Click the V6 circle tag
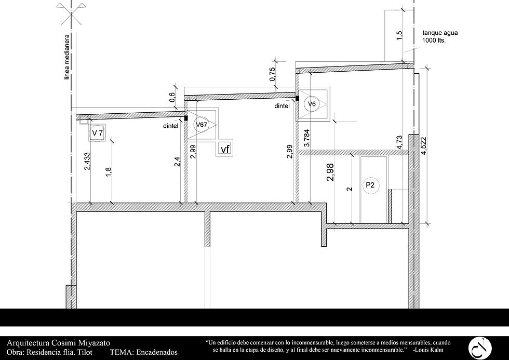tap(311, 104)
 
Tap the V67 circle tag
tap(202, 124)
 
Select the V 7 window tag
tap(98, 133)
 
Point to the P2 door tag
tap(370, 185)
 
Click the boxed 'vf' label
tap(225, 149)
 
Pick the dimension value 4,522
tap(423, 148)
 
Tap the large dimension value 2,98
tap(330, 172)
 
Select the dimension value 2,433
tap(87, 162)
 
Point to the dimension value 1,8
tap(109, 172)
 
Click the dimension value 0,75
tap(272, 74)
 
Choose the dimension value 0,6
tap(172, 97)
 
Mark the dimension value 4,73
tap(399, 142)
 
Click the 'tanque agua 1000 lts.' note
tap(440, 37)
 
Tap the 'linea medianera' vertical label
tap(67, 57)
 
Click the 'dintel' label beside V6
tap(282, 106)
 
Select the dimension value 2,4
tap(177, 162)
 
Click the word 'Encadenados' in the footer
tap(157, 352)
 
